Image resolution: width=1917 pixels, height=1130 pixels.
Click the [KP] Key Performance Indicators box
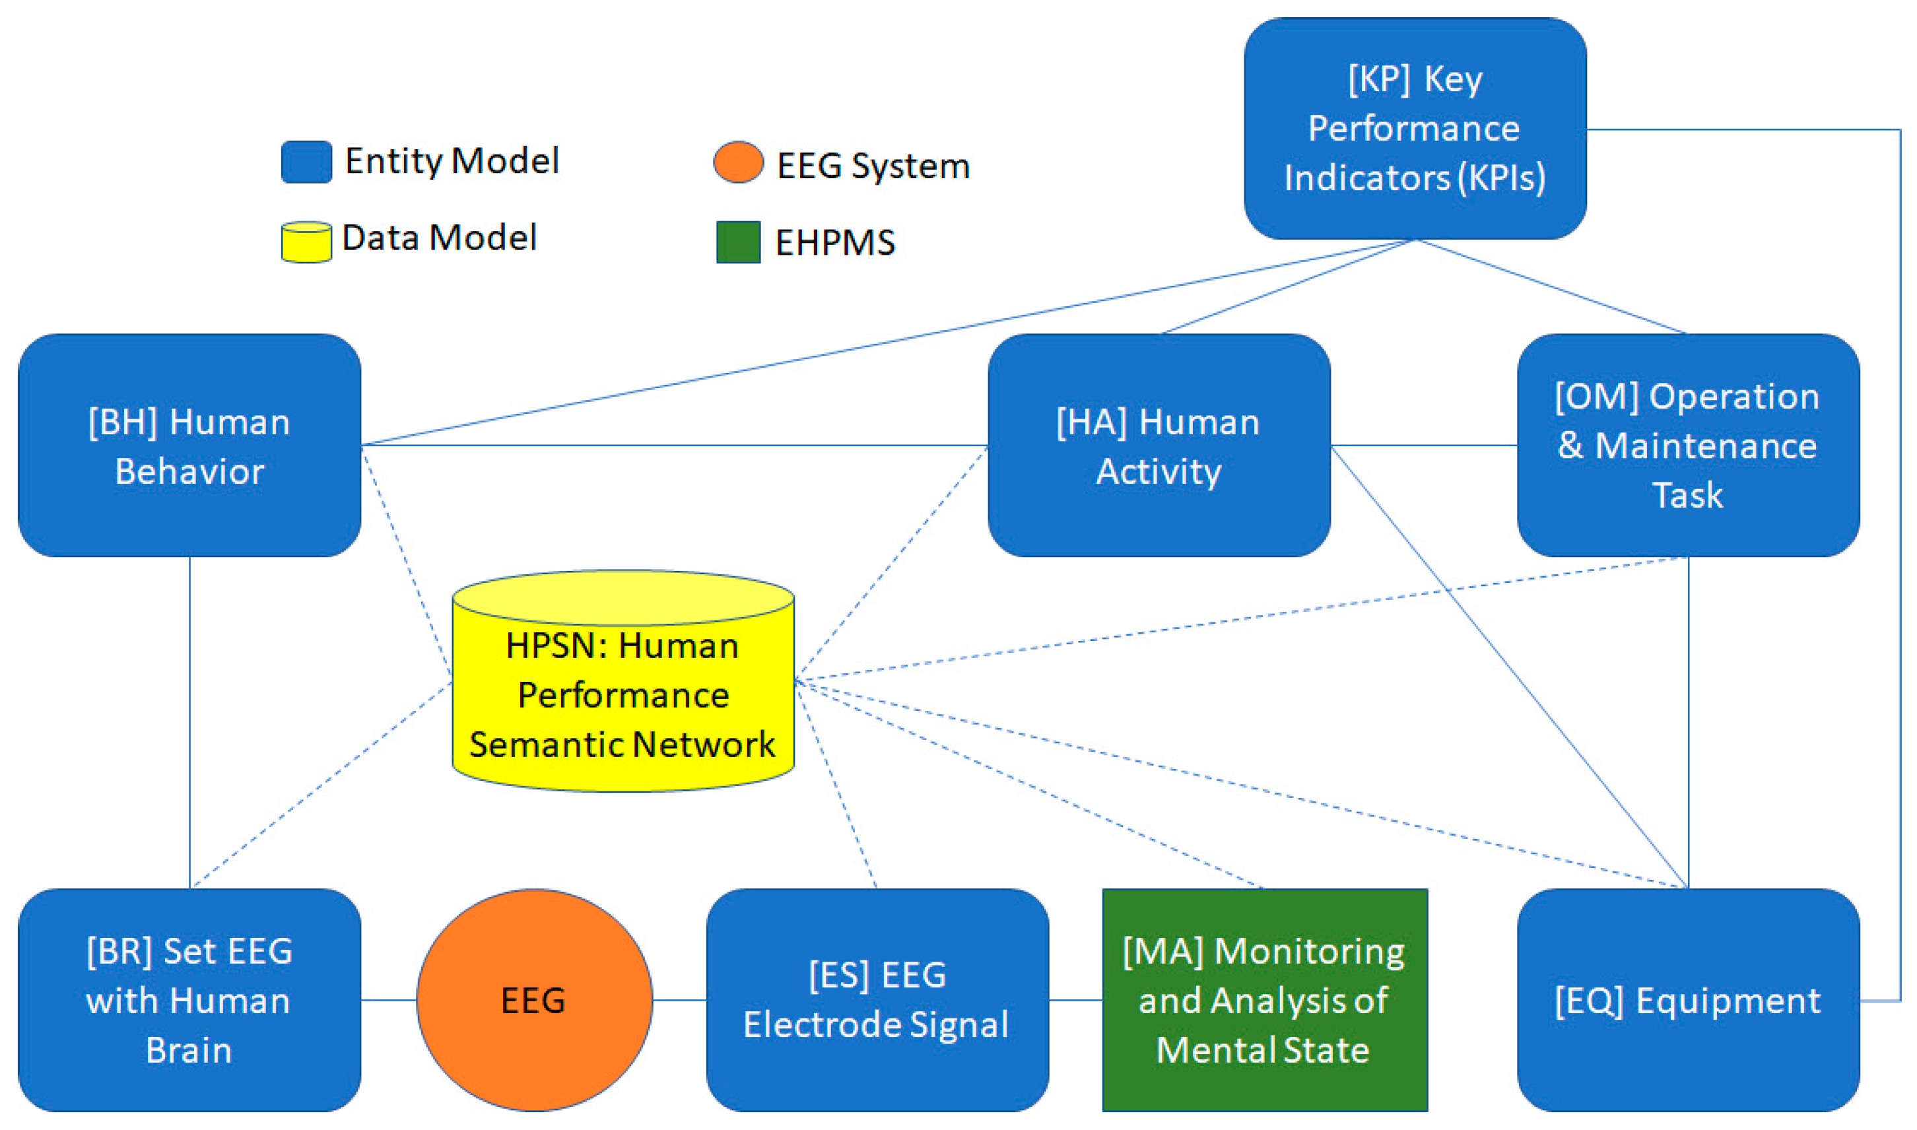pyautogui.click(x=1415, y=128)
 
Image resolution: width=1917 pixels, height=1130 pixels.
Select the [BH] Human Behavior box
pyautogui.click(x=189, y=446)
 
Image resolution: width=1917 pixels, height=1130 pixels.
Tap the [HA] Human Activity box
pyautogui.click(x=1159, y=446)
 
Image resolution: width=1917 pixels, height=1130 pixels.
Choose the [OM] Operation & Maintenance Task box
pyautogui.click(x=1687, y=446)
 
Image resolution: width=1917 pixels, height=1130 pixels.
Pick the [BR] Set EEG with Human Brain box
pyautogui.click(x=189, y=1000)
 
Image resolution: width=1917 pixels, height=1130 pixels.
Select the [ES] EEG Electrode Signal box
pyautogui.click(x=877, y=1000)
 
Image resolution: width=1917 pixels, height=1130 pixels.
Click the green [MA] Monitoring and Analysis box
pyautogui.click(x=1265, y=1000)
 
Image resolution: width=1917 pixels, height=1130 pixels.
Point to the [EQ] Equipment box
pyautogui.click(x=1687, y=1000)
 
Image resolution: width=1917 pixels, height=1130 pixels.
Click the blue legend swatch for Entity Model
pyautogui.click(x=306, y=162)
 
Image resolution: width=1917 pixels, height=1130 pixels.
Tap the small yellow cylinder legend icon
pyautogui.click(x=306, y=242)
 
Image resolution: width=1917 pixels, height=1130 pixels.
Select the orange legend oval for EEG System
pyautogui.click(x=738, y=162)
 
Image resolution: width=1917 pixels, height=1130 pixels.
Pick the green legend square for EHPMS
pyautogui.click(x=738, y=242)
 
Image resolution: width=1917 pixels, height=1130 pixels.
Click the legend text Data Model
pyautogui.click(x=439, y=238)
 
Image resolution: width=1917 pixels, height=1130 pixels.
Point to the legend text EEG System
pyautogui.click(x=873, y=166)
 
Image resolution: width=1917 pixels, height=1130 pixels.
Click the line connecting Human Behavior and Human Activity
pyautogui.click(x=674, y=446)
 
